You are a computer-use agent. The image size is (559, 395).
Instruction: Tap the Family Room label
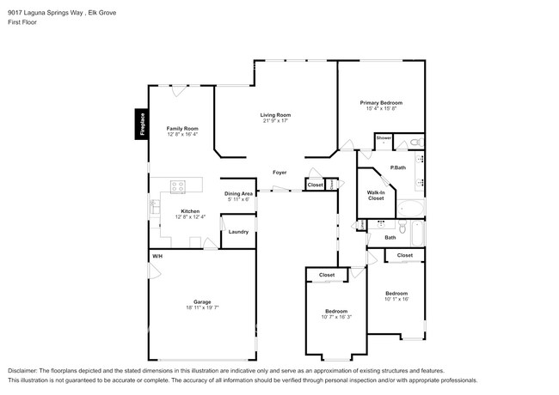(181, 129)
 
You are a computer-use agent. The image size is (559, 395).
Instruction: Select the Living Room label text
(276, 114)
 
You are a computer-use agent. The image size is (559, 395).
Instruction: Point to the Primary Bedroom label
(380, 102)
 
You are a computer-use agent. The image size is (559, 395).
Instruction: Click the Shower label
(384, 138)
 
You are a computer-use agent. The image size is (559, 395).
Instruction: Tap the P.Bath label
(398, 167)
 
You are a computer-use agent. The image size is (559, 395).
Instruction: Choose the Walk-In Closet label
(376, 195)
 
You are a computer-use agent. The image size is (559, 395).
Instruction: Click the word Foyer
(279, 172)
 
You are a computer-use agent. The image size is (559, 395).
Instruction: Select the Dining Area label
(238, 194)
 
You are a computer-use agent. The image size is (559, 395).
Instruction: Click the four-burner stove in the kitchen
(180, 185)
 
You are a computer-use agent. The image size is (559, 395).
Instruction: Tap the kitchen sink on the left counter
(155, 206)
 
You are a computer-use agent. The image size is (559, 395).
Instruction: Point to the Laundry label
(238, 231)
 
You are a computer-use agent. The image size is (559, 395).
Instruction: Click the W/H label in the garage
(157, 257)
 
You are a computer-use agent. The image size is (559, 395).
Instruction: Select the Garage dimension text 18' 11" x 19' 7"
(202, 307)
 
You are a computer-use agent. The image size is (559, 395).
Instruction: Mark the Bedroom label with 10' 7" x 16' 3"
(335, 311)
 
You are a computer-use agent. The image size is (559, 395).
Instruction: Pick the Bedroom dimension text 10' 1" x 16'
(396, 299)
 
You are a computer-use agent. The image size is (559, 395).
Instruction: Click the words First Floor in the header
(23, 23)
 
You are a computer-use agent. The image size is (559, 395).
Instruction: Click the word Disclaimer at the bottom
(26, 371)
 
